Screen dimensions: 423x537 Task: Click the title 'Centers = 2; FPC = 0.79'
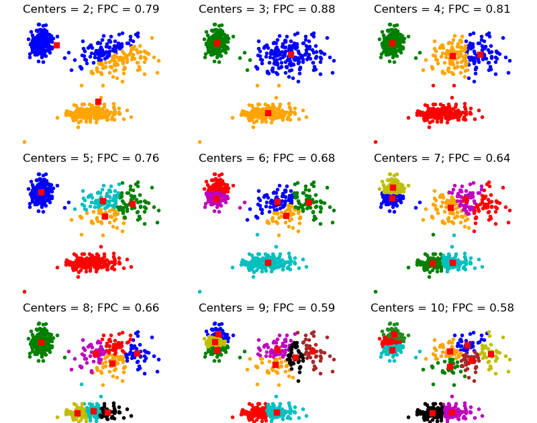pyautogui.click(x=91, y=9)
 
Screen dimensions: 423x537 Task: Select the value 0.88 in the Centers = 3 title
pyautogui.click(x=322, y=9)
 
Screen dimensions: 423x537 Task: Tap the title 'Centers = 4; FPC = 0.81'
pyautogui.click(x=442, y=9)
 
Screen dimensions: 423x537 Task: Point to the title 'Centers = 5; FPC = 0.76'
pyautogui.click(x=91, y=158)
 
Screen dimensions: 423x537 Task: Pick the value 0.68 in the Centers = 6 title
pyautogui.click(x=322, y=158)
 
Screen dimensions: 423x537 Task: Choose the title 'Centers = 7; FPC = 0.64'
pyautogui.click(x=442, y=158)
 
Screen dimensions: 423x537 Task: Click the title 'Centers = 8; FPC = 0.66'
pyautogui.click(x=91, y=308)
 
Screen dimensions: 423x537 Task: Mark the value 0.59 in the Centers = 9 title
pyautogui.click(x=322, y=308)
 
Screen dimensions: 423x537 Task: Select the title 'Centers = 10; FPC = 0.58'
pyautogui.click(x=442, y=308)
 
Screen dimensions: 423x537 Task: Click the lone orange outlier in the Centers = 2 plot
pyautogui.click(x=24, y=142)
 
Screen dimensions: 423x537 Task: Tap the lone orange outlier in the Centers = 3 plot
pyautogui.click(x=199, y=142)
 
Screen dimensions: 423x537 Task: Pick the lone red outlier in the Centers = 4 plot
pyautogui.click(x=375, y=142)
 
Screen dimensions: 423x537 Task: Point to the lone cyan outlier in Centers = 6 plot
pyautogui.click(x=199, y=291)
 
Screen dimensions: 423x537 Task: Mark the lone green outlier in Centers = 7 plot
pyautogui.click(x=375, y=291)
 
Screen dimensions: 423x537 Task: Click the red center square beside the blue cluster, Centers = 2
pyautogui.click(x=56, y=45)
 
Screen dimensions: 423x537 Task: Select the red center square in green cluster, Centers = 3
pyautogui.click(x=217, y=43)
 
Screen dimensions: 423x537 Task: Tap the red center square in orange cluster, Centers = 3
pyautogui.click(x=268, y=113)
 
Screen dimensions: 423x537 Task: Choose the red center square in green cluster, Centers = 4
pyautogui.click(x=392, y=43)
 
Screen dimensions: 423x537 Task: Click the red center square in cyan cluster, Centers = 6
pyautogui.click(x=268, y=263)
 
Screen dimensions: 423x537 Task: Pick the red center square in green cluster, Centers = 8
pyautogui.click(x=41, y=342)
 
